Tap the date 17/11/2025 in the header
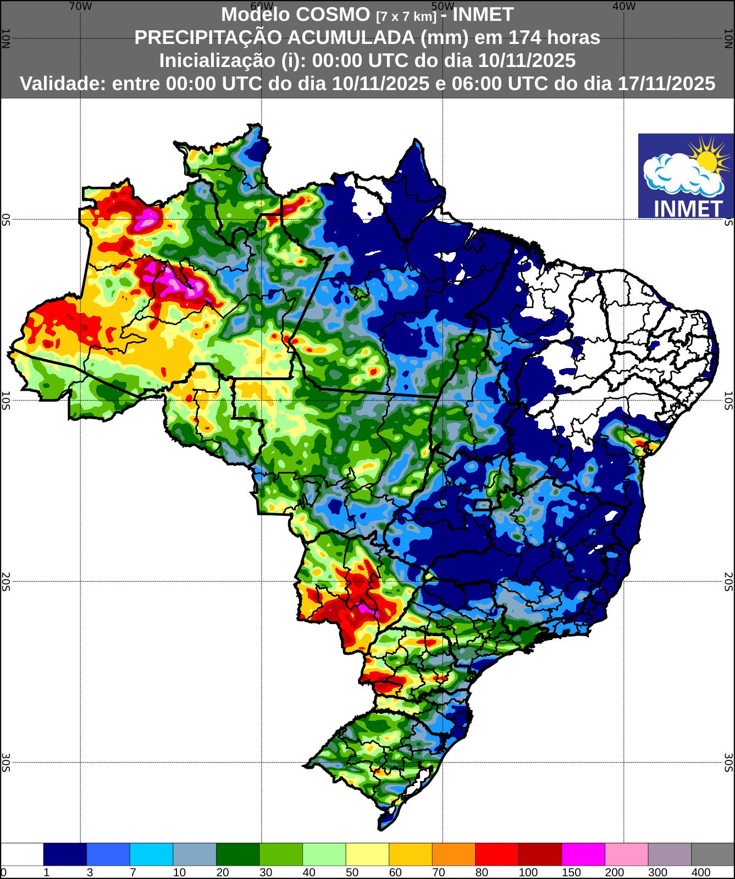(666, 84)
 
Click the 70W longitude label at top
(80, 7)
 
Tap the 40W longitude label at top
(623, 7)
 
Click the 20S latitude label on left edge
(5, 581)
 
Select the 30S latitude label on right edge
(729, 762)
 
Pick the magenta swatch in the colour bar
(583, 854)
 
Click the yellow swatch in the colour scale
(367, 854)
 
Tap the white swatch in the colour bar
(22, 854)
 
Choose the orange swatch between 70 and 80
(454, 854)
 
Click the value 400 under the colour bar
(700, 872)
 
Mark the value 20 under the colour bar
(222, 872)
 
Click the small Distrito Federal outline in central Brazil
(483, 504)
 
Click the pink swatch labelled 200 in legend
(626, 854)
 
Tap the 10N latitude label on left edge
(5, 38)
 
